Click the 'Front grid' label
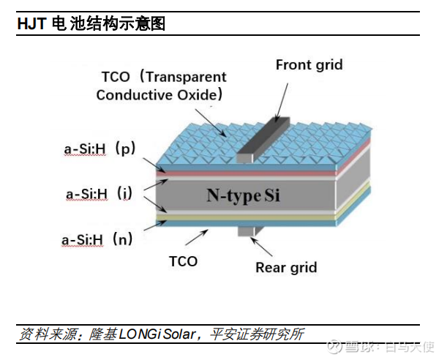[x=309, y=65]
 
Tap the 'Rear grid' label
[x=286, y=268]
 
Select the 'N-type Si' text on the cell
[x=243, y=195]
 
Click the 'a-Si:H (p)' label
[x=99, y=149]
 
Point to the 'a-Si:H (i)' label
[x=99, y=194]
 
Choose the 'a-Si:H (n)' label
[x=97, y=239]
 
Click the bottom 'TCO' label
[x=183, y=261]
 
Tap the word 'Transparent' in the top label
[x=186, y=78]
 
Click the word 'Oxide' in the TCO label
[x=197, y=95]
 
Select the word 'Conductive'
[x=135, y=95]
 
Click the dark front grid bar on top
[x=263, y=140]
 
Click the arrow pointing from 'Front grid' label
[x=282, y=102]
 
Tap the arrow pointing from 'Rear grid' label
[x=261, y=247]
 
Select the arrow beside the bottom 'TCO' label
[x=197, y=237]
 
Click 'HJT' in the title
[x=31, y=23]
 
